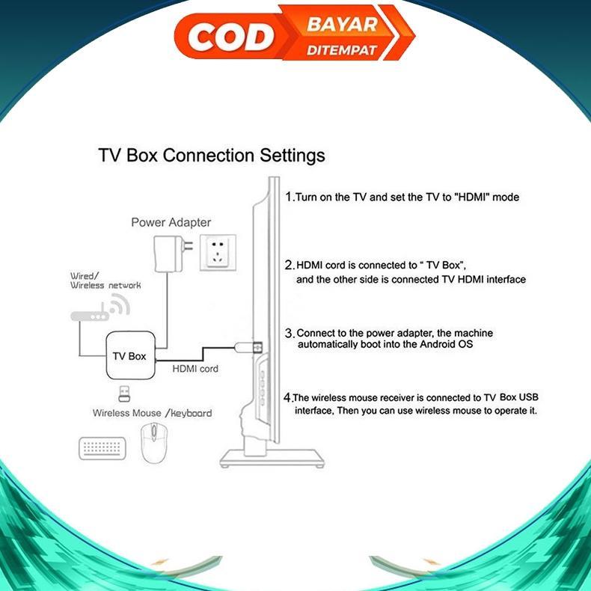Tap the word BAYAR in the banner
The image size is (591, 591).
tap(342, 24)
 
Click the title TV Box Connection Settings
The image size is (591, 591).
tap(212, 156)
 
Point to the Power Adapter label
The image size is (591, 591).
tap(171, 222)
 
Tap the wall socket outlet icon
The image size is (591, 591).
tap(218, 252)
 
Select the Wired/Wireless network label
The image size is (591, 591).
tap(105, 281)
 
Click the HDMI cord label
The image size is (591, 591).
tap(195, 369)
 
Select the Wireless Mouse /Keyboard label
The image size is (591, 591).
tap(152, 413)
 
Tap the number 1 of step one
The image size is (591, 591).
tap(290, 196)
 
